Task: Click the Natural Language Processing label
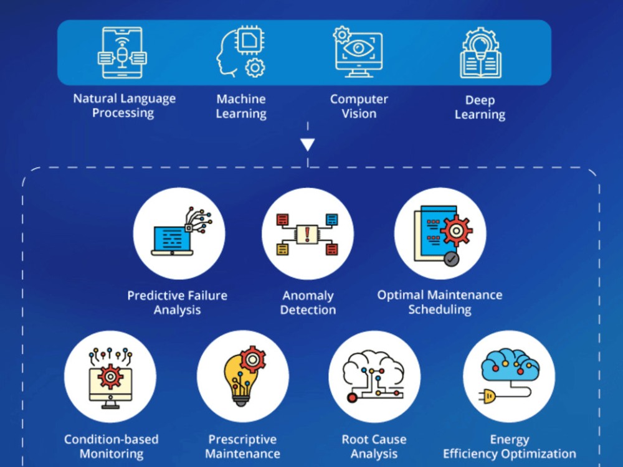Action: coord(124,106)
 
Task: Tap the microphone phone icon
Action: coord(122,52)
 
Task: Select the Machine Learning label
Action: coord(241,106)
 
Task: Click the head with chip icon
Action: coord(240,52)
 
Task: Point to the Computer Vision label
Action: coord(359,106)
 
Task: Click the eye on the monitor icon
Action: coord(358,49)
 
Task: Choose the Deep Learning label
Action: coord(480,107)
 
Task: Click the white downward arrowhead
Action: coord(308,144)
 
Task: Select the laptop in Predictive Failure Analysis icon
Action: coord(172,240)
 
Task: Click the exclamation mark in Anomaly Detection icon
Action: coord(307,234)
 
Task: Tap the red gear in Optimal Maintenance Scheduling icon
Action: coord(456,231)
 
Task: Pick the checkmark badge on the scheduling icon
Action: coord(451,259)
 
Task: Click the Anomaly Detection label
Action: coord(308,303)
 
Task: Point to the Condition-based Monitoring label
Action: coord(112,446)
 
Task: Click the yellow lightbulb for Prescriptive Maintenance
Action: coord(240,380)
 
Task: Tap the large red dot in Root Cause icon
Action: coord(352,397)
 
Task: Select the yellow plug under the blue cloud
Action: coord(488,396)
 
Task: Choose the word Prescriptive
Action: coord(242,440)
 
